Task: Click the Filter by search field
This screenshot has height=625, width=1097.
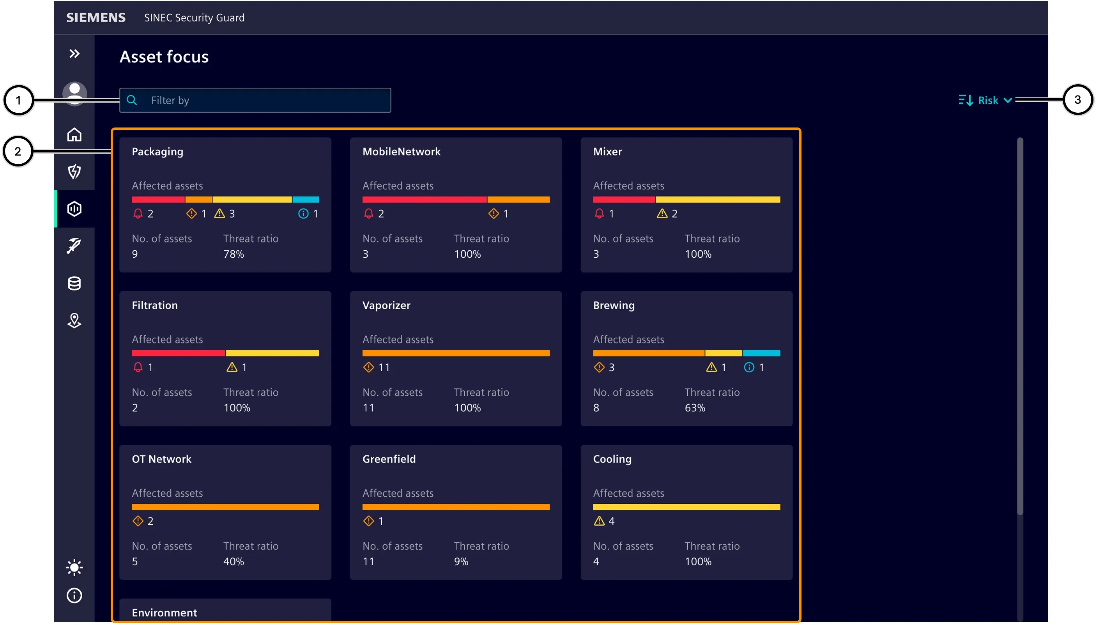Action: point(255,100)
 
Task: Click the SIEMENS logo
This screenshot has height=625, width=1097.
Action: point(96,18)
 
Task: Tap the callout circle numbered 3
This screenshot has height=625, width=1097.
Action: point(1077,99)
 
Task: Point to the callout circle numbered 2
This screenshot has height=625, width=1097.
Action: point(18,151)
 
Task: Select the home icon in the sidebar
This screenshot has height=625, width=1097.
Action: point(74,135)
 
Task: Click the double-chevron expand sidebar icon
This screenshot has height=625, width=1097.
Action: point(74,54)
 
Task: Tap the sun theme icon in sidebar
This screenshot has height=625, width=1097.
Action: point(74,567)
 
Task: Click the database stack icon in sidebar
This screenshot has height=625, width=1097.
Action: point(74,283)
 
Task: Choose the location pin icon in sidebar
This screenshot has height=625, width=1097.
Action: point(74,320)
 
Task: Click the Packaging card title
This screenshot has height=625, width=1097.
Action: point(157,152)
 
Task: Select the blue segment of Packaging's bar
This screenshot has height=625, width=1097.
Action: point(306,200)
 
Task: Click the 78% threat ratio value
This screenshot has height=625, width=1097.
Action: point(234,254)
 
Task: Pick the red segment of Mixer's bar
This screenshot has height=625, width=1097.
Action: point(624,200)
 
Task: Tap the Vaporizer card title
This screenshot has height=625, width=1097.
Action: point(386,305)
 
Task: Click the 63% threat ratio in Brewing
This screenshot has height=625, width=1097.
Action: point(695,408)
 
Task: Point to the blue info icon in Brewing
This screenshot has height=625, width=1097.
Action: point(749,367)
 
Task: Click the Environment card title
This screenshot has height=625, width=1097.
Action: point(165,613)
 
